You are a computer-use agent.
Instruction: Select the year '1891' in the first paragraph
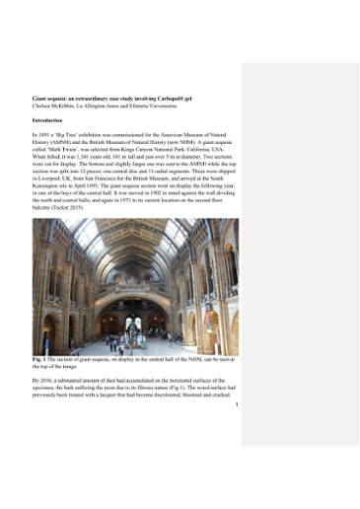click(x=47, y=131)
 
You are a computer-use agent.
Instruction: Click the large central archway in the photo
click(x=136, y=296)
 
